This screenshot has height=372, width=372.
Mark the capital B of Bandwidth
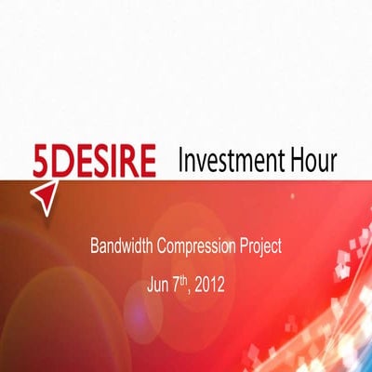[x=95, y=247]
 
